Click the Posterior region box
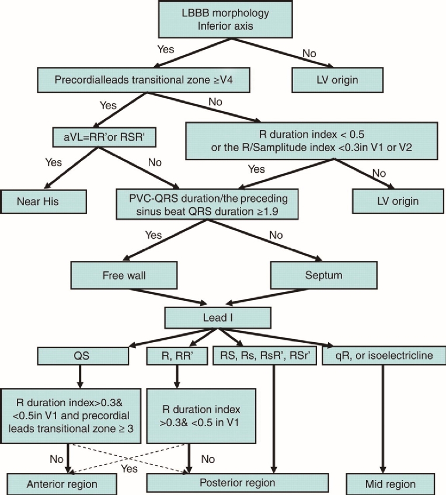tap(235, 483)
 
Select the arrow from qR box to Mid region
tap(383, 420)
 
